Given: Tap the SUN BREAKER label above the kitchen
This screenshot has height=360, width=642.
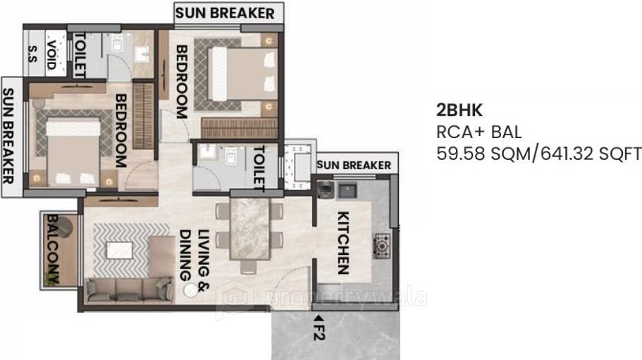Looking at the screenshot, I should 354,165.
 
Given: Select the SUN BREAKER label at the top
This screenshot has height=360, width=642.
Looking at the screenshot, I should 225,13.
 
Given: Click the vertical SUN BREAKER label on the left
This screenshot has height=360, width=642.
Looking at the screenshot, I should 10,135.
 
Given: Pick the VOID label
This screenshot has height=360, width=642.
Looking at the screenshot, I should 51,51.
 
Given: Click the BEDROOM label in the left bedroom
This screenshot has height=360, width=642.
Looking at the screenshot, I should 119,130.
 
